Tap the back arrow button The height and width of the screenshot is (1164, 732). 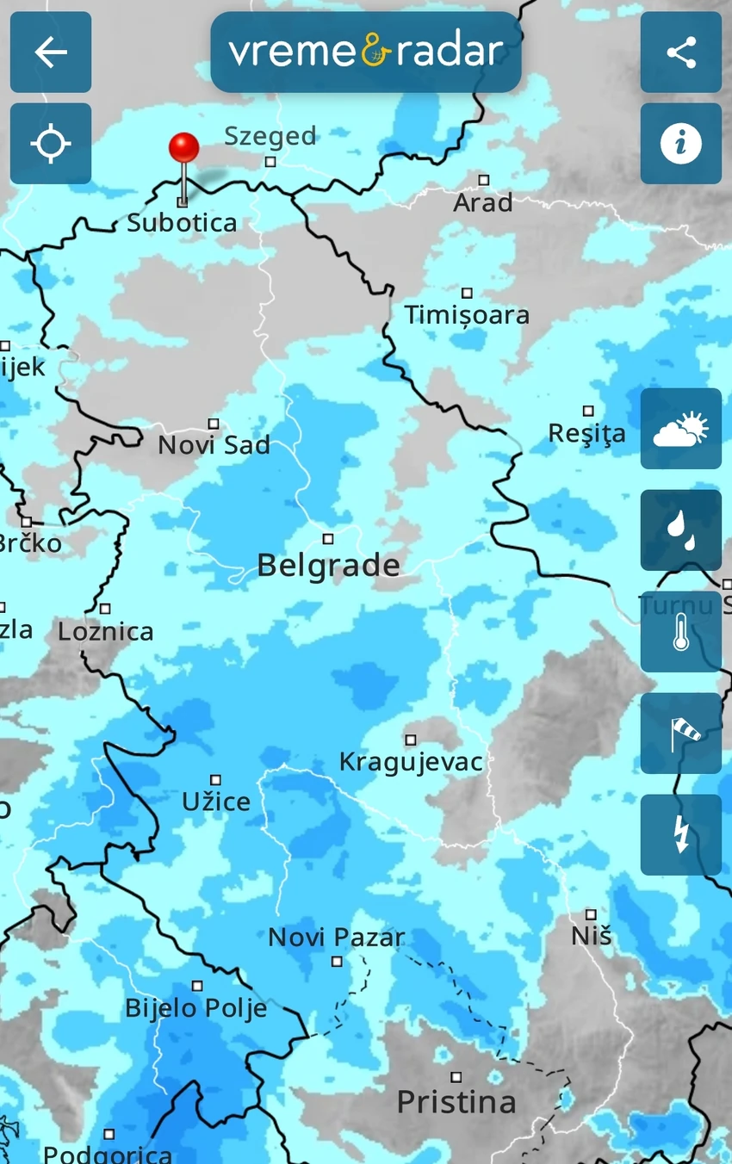[x=51, y=53]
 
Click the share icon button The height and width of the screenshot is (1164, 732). [x=680, y=53]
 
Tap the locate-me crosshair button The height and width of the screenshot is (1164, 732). [x=51, y=144]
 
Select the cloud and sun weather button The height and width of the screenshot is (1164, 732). [x=680, y=429]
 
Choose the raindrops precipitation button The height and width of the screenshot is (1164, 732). [x=680, y=530]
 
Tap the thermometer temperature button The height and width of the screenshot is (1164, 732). [x=680, y=632]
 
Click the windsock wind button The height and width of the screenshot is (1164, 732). [x=680, y=734]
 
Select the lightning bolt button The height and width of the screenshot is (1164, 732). [x=680, y=835]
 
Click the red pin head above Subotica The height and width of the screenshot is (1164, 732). [x=183, y=147]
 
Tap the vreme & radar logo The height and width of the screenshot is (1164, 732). [x=366, y=53]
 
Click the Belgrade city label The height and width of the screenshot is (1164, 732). [x=328, y=566]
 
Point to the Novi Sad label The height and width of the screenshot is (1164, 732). [x=214, y=445]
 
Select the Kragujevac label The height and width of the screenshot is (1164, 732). [x=411, y=762]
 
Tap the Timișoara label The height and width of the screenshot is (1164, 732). [x=467, y=315]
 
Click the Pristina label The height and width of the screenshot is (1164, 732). [x=456, y=1102]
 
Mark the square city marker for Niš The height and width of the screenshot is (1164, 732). [x=591, y=914]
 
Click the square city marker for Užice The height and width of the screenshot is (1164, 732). [x=215, y=780]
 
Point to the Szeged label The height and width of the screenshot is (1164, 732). [x=270, y=136]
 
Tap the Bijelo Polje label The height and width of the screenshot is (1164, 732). [x=196, y=1008]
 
